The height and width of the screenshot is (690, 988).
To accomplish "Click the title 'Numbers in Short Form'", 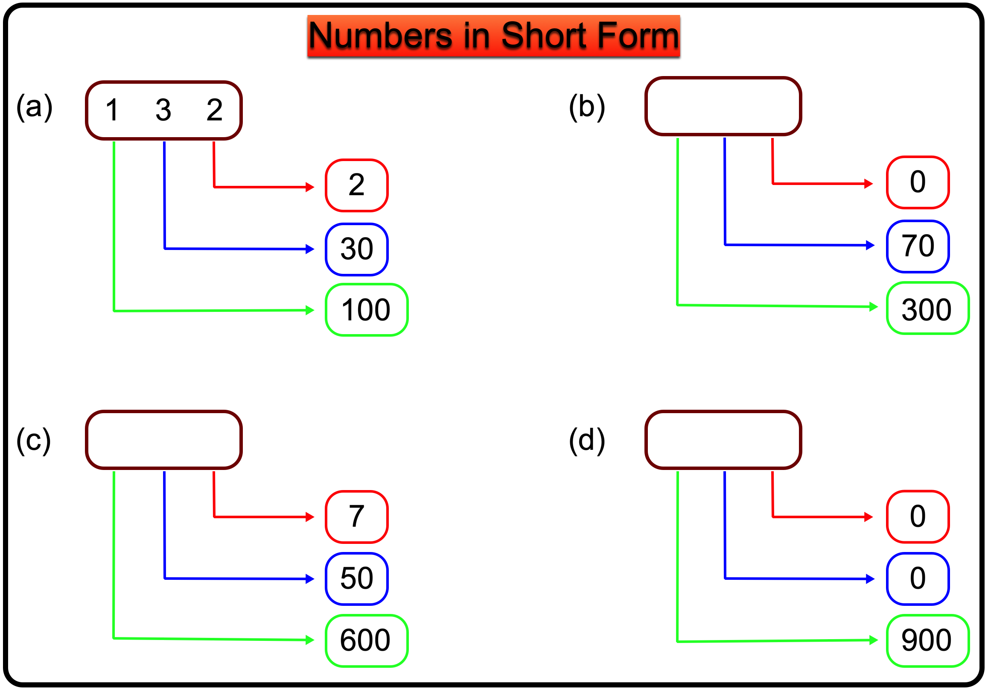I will click(x=493, y=36).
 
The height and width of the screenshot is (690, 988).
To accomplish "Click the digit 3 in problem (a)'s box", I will click(x=163, y=110).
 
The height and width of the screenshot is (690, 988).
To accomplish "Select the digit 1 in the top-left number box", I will click(x=112, y=110).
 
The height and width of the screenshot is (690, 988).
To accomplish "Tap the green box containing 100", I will click(x=366, y=310).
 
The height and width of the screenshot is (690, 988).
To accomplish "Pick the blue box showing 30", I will click(x=357, y=249).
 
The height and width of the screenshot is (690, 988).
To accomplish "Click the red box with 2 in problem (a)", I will click(x=357, y=185).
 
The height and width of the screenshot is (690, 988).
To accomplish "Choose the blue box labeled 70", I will click(x=918, y=247).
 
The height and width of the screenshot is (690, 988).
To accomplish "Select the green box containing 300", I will click(x=927, y=308).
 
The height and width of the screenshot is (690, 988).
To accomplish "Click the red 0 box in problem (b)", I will click(x=918, y=182).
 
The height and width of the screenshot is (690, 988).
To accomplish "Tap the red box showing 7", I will click(x=357, y=517).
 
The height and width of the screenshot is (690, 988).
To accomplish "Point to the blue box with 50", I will click(x=357, y=578).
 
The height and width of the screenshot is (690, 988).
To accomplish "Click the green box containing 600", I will click(x=366, y=640).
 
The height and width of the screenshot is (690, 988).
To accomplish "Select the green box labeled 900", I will click(x=927, y=640).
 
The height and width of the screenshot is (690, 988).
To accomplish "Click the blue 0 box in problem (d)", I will click(x=918, y=578).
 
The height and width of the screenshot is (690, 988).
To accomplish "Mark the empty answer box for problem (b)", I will click(x=723, y=106).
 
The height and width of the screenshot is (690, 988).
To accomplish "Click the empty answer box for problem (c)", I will click(x=163, y=439).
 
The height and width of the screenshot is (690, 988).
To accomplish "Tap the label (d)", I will click(x=586, y=440).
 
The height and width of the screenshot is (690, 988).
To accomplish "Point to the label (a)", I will click(x=35, y=107).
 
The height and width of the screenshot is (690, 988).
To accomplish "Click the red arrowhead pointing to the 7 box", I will click(x=310, y=517).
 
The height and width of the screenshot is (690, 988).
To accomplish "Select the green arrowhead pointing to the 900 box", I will click(x=873, y=640).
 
